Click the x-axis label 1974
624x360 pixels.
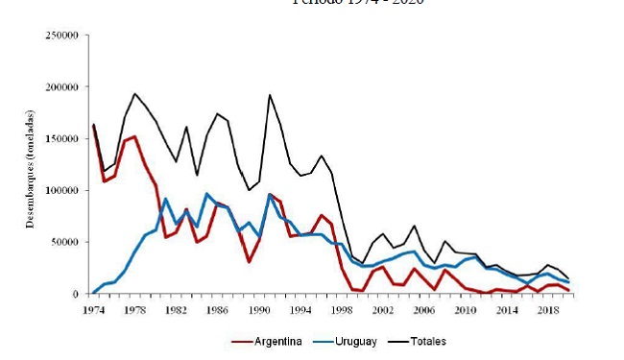pyautogui.click(x=93, y=311)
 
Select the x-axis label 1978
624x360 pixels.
pyautogui.click(x=134, y=311)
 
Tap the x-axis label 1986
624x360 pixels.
pyautogui.click(x=218, y=311)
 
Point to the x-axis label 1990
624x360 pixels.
pyautogui.click(x=259, y=311)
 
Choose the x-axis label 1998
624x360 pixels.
pyautogui.click(x=343, y=311)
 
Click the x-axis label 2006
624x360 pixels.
pyautogui.click(x=425, y=311)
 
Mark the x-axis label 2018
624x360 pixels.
pyautogui.click(x=549, y=311)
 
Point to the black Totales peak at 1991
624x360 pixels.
pyautogui.click(x=270, y=94)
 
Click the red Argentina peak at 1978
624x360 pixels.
pyautogui.click(x=134, y=136)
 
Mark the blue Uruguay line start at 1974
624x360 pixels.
pyautogui.click(x=93, y=292)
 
